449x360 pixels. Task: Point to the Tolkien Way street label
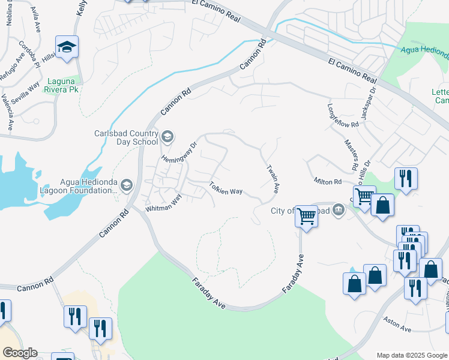(226, 188)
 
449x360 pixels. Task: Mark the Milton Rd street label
(327, 181)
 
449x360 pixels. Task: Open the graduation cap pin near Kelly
(67, 46)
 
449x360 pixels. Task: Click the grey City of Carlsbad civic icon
(339, 209)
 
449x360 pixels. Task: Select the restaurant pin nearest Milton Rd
(406, 179)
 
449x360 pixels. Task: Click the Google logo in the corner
(20, 353)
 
